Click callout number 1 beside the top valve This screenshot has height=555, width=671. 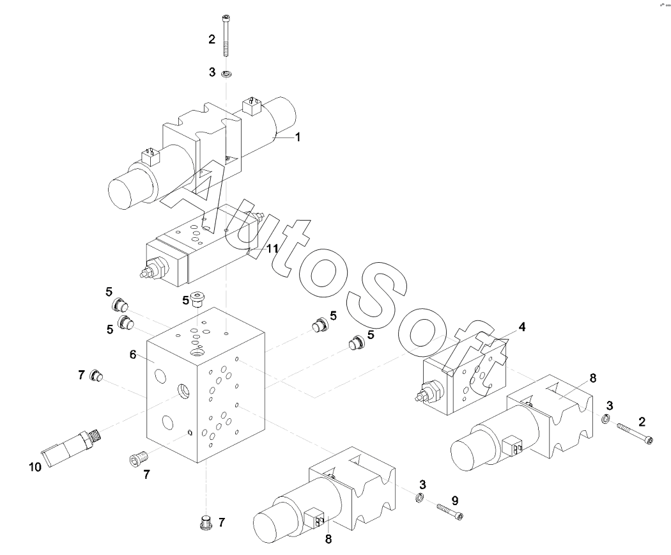pyautogui.click(x=297, y=137)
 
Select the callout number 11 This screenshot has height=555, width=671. pyautogui.click(x=272, y=249)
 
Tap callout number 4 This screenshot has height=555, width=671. pyautogui.click(x=522, y=327)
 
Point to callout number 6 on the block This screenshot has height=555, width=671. pyautogui.click(x=133, y=354)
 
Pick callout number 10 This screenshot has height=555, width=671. pyautogui.click(x=35, y=467)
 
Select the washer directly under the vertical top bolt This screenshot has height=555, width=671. pyautogui.click(x=226, y=74)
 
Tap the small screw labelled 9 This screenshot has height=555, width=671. pyautogui.click(x=450, y=512)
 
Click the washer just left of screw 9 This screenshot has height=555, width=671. pyautogui.click(x=419, y=498)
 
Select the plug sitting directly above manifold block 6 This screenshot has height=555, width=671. pyautogui.click(x=199, y=299)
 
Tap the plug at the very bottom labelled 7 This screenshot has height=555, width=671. pyautogui.click(x=206, y=523)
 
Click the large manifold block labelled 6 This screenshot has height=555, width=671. pyautogui.click(x=204, y=396)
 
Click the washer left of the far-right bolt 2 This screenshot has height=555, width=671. pyautogui.click(x=605, y=419)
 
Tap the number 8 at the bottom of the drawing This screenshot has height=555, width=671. pyautogui.click(x=328, y=538)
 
